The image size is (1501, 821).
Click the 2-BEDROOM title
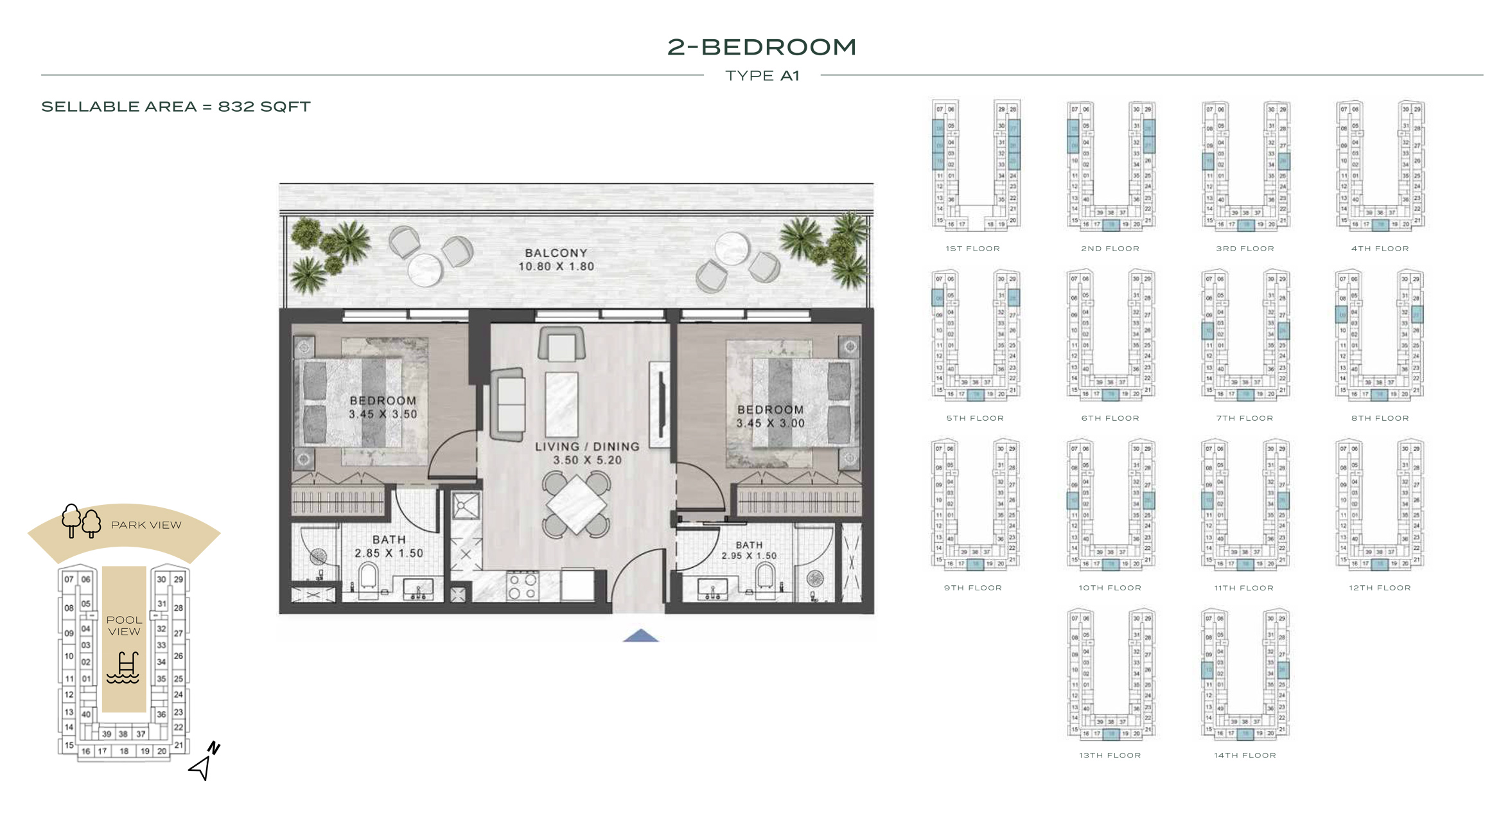click(761, 47)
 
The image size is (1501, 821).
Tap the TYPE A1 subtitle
click(762, 76)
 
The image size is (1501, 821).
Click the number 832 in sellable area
click(237, 107)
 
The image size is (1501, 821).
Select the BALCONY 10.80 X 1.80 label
click(556, 260)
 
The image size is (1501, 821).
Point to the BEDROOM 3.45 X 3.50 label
click(383, 407)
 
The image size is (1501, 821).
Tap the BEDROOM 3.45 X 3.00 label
click(770, 416)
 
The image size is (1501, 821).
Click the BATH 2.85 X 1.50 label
click(389, 546)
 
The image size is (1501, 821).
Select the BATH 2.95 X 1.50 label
click(749, 550)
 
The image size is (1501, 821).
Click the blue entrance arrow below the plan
click(640, 636)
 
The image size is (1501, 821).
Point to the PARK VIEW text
click(146, 525)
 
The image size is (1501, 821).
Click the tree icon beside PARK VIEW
click(81, 521)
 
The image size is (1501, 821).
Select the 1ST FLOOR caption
click(972, 249)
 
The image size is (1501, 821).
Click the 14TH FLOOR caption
click(1244, 755)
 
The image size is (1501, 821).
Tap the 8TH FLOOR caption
click(1380, 418)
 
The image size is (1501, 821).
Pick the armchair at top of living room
click(561, 344)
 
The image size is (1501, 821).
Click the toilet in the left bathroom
click(368, 576)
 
